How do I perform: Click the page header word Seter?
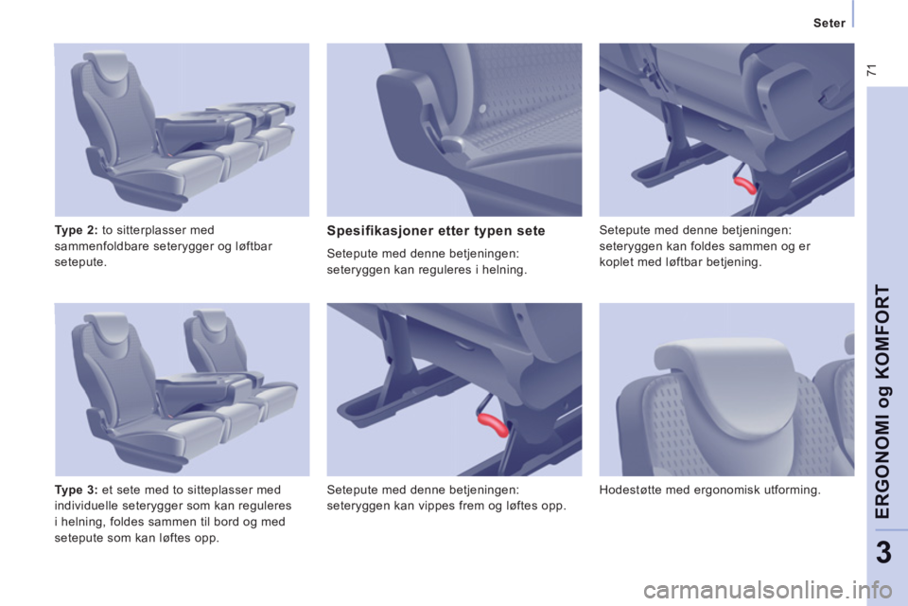tap(829, 23)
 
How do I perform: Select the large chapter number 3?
tap(884, 553)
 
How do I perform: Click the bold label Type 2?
tap(76, 230)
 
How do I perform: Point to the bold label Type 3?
tap(76, 490)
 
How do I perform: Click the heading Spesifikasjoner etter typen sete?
tap(436, 231)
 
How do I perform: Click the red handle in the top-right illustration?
tap(745, 185)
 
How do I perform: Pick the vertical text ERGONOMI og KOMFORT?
tap(883, 401)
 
